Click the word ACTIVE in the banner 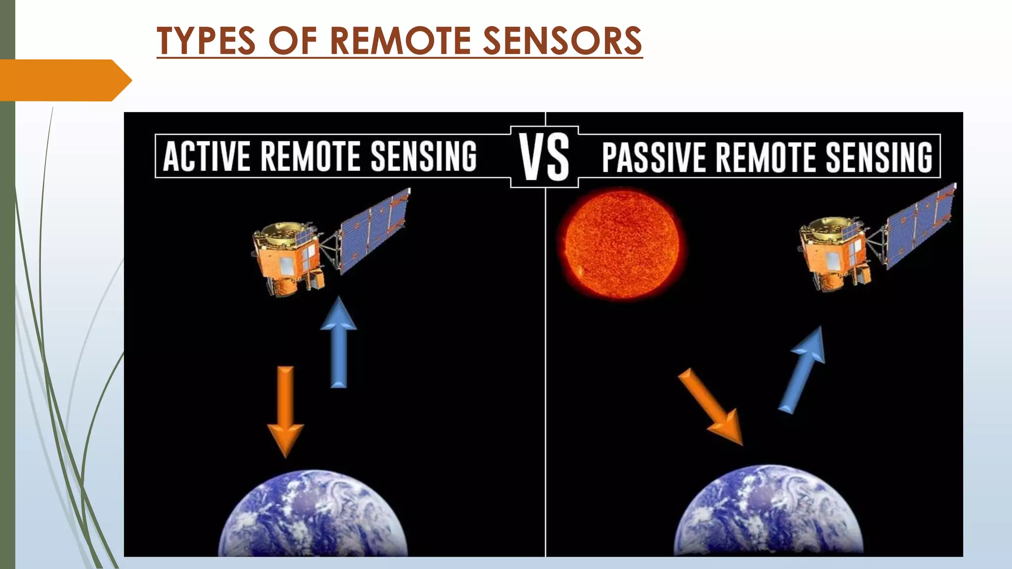[207, 156]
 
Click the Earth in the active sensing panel [313, 516]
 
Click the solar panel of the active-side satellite [374, 230]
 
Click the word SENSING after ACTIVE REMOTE [423, 156]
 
